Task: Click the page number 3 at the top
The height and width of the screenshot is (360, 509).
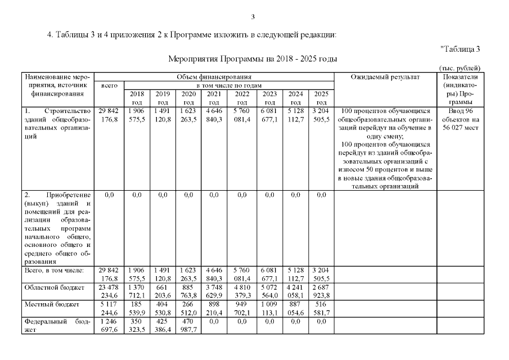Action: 254,16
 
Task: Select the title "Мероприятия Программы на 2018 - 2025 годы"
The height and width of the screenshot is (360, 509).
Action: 253,58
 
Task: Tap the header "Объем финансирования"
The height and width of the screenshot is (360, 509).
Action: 214,76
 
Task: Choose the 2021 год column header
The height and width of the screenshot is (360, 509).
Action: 214,98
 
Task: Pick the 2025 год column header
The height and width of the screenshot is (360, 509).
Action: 321,98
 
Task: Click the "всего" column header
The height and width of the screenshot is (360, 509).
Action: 109,85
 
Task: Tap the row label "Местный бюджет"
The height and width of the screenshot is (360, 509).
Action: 43,304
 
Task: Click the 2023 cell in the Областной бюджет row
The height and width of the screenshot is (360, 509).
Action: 269,291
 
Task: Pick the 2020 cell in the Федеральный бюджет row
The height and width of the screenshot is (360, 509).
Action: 188,325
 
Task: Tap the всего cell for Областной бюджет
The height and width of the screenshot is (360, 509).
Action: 109,291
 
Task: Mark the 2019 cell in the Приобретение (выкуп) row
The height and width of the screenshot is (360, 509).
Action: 163,195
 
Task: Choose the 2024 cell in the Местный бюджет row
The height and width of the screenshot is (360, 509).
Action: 295,308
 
